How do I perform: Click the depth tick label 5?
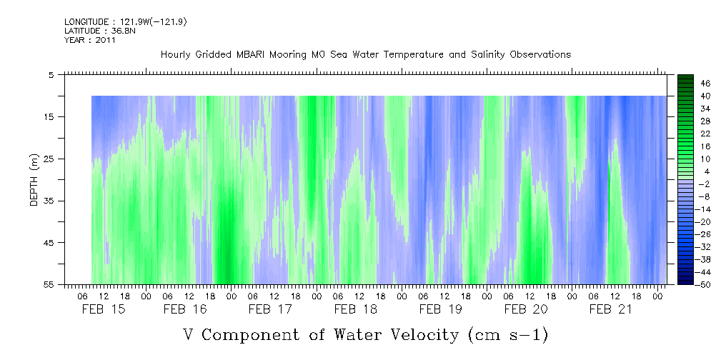tap(51, 74)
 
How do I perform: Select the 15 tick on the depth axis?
tap(49, 116)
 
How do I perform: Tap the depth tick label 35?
tap(49, 201)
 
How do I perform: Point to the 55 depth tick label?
tap(49, 285)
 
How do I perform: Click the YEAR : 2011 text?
tap(90, 40)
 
